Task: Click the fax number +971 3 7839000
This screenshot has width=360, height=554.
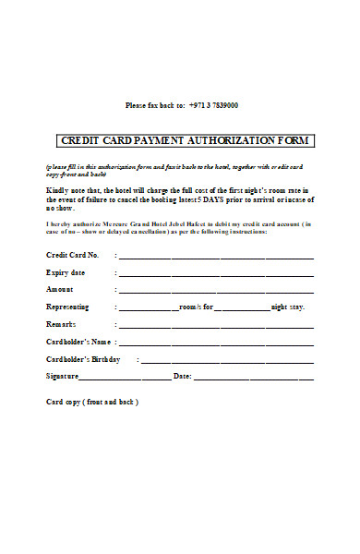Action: [214, 105]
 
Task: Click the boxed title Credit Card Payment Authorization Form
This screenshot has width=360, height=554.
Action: [186, 140]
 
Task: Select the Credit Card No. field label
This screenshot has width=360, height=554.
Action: [72, 254]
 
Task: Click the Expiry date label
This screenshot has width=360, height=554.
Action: [66, 272]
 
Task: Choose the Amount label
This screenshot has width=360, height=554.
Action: [60, 289]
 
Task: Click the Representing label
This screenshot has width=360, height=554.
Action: [67, 307]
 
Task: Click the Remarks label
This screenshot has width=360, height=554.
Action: [61, 324]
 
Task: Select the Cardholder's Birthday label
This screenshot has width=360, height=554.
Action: [84, 359]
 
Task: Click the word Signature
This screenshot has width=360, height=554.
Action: [63, 376]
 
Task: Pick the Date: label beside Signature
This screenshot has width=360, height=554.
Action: [182, 376]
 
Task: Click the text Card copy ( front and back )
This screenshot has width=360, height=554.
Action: [92, 403]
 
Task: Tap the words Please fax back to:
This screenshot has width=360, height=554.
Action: [155, 105]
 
